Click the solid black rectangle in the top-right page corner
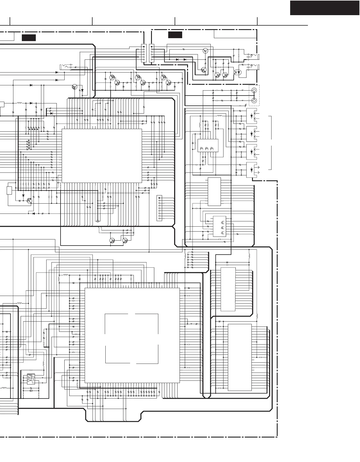[324, 8]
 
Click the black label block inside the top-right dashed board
[175, 35]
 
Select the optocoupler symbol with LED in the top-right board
[238, 72]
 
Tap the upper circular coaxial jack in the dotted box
[254, 90]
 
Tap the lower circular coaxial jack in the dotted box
[254, 101]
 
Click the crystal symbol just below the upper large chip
[98, 221]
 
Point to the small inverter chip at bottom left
[31, 379]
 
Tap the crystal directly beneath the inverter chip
[31, 391]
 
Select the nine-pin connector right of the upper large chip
[159, 208]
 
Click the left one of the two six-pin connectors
[143, 53]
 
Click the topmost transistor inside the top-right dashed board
[205, 51]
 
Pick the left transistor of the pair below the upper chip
[112, 240]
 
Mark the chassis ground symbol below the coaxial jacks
[246, 105]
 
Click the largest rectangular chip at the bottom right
[240, 357]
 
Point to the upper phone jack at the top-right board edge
[253, 55]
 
